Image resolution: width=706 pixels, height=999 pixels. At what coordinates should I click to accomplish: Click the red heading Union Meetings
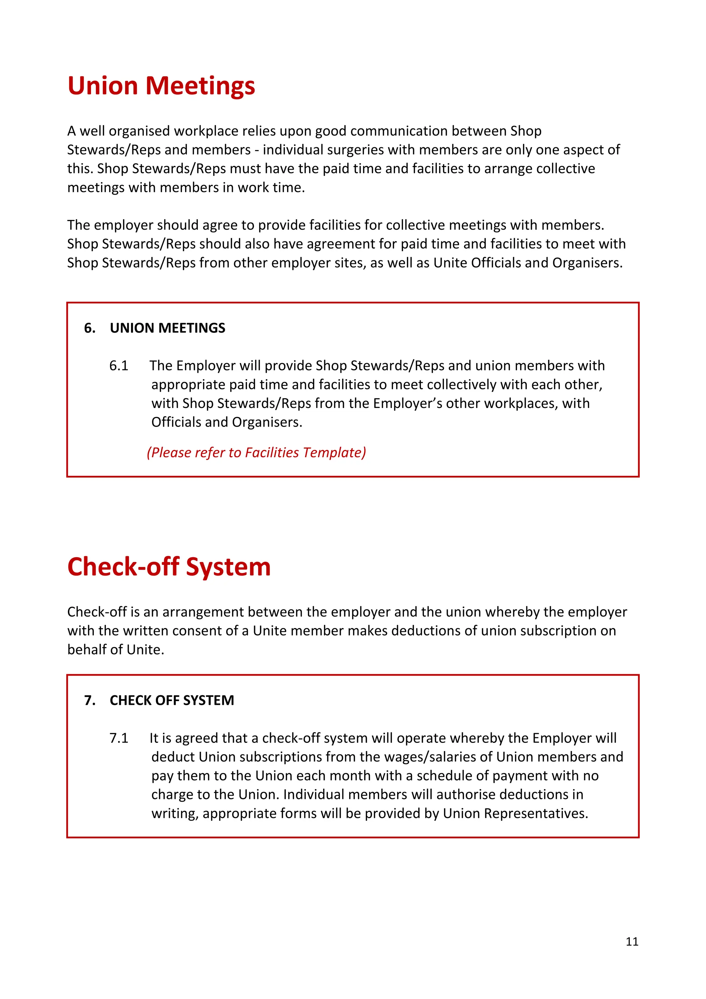[x=161, y=86]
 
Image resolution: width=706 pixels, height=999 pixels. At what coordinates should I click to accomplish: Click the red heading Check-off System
[x=169, y=567]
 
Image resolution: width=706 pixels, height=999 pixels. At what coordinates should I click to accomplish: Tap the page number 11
[x=632, y=941]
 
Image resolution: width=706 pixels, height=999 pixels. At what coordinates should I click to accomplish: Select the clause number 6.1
[x=119, y=366]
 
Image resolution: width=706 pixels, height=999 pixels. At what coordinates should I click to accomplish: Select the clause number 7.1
[x=119, y=738]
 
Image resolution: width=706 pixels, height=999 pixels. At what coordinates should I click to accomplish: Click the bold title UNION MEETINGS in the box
[x=168, y=328]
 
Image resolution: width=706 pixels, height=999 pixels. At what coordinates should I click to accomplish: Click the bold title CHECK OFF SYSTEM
[x=172, y=700]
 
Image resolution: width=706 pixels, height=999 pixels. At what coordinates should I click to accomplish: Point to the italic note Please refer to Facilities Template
[x=256, y=452]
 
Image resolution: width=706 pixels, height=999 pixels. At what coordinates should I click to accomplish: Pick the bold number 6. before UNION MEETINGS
[x=90, y=328]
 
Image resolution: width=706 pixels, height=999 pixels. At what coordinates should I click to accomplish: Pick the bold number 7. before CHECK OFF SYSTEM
[x=90, y=700]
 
